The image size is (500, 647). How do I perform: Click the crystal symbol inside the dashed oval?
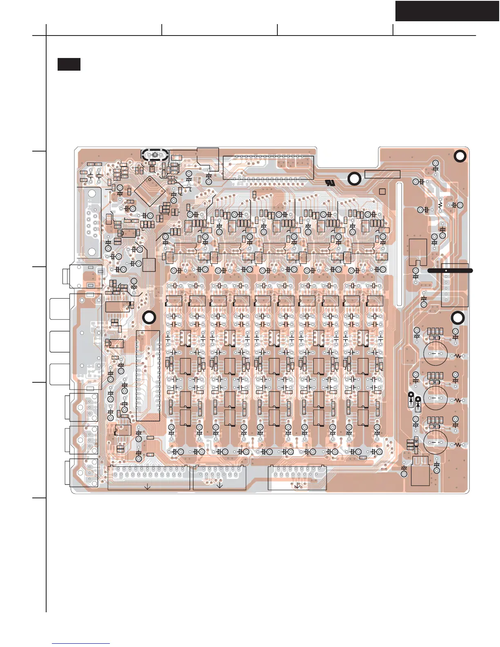155,155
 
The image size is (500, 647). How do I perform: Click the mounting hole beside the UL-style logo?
354,179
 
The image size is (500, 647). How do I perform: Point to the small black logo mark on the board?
330,183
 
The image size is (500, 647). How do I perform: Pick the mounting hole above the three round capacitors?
459,318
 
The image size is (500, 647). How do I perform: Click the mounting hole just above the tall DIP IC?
149,318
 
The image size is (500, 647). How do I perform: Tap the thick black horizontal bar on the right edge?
450,270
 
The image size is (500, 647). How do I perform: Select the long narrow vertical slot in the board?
399,244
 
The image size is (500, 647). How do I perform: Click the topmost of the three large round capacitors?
435,353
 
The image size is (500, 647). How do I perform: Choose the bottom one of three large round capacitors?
435,442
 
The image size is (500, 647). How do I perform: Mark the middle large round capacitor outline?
435,398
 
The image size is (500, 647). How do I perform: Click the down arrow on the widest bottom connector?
147,486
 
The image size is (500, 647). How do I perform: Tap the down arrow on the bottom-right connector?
297,486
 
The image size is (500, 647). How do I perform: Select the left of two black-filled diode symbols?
411,402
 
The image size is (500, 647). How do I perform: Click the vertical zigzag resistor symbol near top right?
440,205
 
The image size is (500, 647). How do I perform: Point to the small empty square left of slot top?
382,192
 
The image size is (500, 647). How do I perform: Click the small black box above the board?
69,64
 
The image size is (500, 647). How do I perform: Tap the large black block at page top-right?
447,11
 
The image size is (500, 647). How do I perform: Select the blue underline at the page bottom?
81,644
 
